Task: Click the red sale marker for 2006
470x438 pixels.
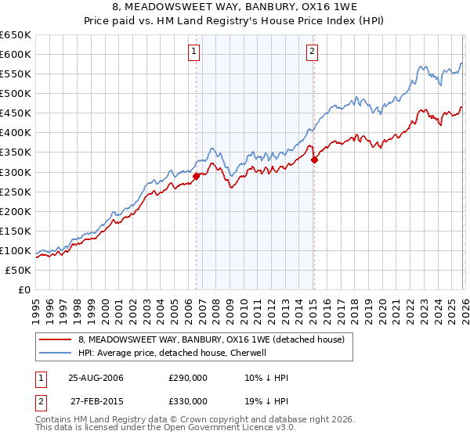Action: click(x=196, y=176)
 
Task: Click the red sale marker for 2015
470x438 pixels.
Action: click(x=313, y=160)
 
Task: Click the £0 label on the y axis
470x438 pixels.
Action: click(x=25, y=289)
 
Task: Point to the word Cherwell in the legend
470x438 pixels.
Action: click(x=248, y=353)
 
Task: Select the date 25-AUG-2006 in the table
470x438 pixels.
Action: click(x=96, y=378)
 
